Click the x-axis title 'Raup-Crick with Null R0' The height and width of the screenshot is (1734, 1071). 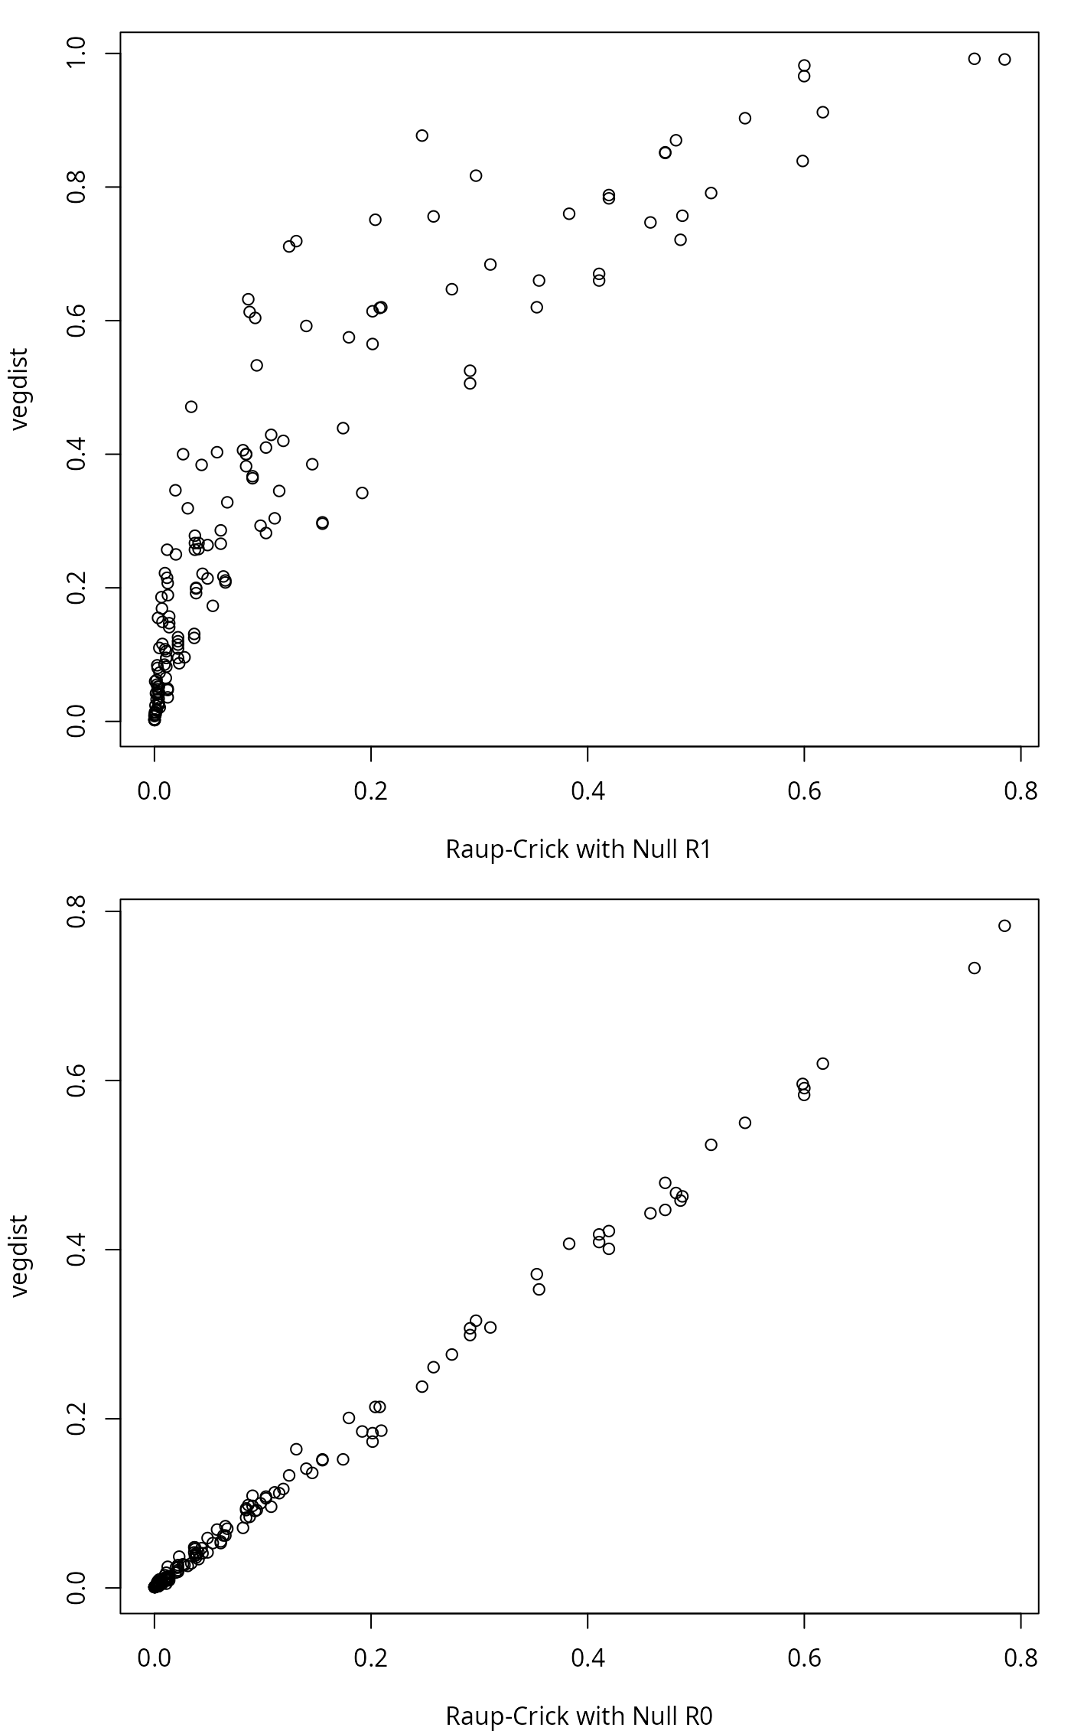(578, 1716)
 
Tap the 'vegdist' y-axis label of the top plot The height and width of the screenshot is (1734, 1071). (19, 389)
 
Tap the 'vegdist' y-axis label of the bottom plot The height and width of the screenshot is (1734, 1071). (19, 1255)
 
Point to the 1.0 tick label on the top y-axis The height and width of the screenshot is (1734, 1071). (78, 54)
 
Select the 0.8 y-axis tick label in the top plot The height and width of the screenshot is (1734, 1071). (78, 187)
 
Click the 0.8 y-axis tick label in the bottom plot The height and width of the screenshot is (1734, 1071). (78, 911)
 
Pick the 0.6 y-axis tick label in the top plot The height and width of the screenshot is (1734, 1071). (78, 321)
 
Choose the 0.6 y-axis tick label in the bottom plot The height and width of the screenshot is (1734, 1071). (78, 1080)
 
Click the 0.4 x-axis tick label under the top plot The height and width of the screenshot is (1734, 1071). (588, 791)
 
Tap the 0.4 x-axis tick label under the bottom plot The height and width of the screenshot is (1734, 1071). (588, 1657)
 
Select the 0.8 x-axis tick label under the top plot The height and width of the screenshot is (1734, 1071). (1021, 791)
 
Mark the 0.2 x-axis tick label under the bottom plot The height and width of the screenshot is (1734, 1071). (371, 1657)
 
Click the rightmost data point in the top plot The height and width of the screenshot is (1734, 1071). (1004, 60)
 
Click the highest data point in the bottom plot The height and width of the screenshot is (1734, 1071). (1004, 926)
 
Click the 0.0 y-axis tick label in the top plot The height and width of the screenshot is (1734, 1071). (78, 722)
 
